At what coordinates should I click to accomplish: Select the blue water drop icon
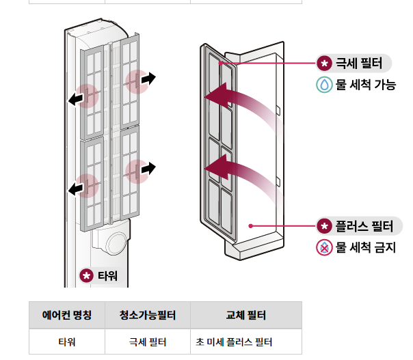pyautogui.click(x=324, y=85)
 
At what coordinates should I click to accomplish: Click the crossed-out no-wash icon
pyautogui.click(x=324, y=247)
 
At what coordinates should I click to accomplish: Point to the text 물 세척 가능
pyautogui.click(x=365, y=85)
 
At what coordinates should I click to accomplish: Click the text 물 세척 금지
pyautogui.click(x=365, y=247)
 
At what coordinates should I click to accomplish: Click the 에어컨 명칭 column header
pyautogui.click(x=67, y=315)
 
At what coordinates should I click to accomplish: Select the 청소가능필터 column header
pyautogui.click(x=148, y=315)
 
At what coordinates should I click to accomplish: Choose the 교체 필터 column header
pyautogui.click(x=245, y=315)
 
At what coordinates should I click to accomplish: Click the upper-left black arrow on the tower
pyautogui.click(x=77, y=100)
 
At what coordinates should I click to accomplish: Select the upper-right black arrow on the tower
pyautogui.click(x=146, y=79)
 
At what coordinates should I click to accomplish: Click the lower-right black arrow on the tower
pyautogui.click(x=146, y=168)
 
